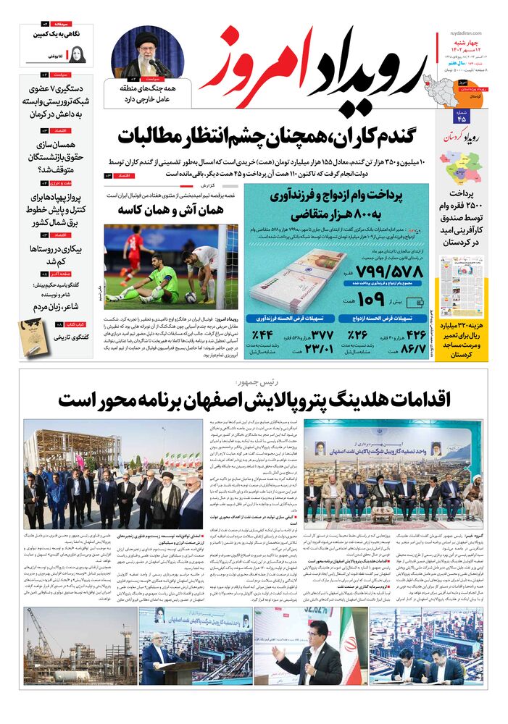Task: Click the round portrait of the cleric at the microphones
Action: point(149,51)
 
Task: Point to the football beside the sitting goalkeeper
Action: point(190,296)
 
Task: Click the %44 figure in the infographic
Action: point(262,334)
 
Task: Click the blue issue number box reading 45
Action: point(462,117)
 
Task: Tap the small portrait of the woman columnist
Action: point(76,54)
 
